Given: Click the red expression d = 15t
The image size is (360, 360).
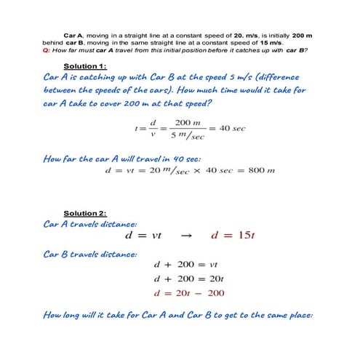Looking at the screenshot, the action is tap(231, 236).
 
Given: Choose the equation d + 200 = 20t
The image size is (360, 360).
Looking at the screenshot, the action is tap(188, 279).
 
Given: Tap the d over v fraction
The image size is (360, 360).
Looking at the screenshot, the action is tap(153, 129).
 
